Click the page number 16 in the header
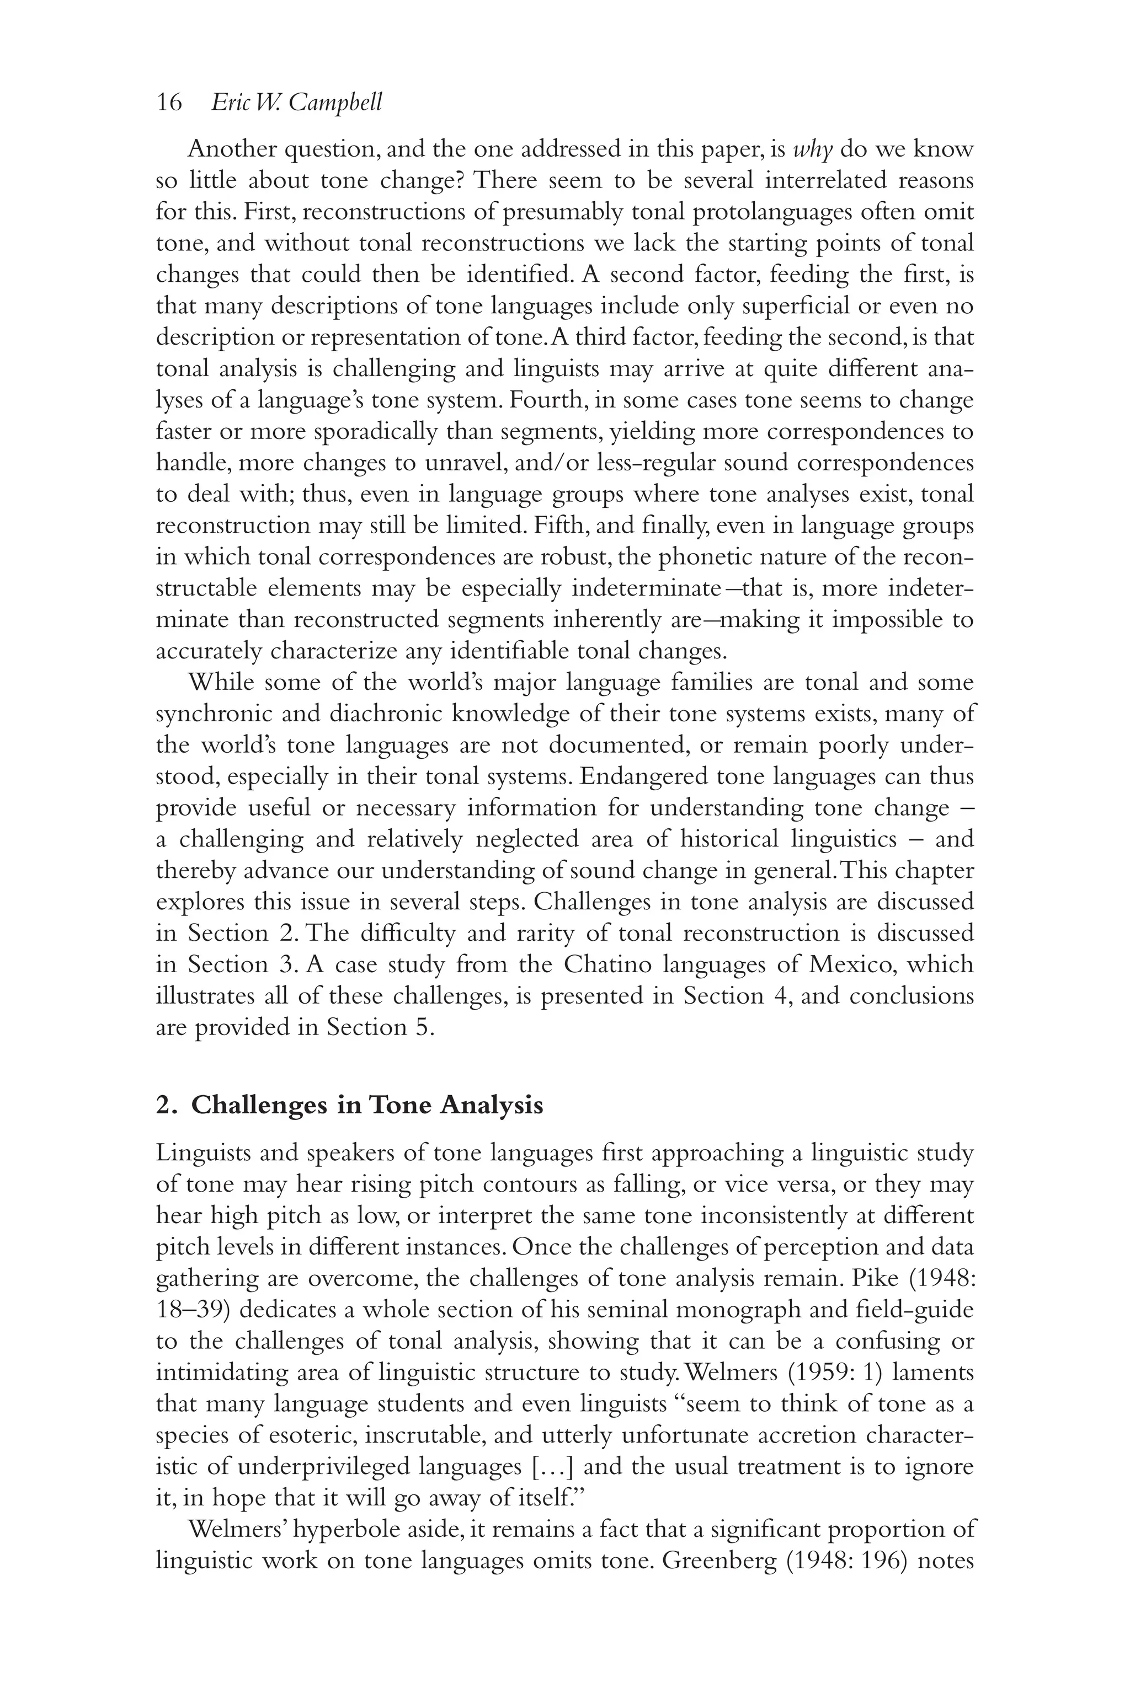tap(169, 103)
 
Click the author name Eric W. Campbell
tap(296, 103)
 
